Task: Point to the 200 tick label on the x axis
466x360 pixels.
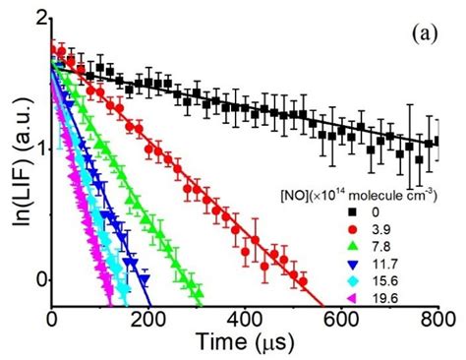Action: coord(148,319)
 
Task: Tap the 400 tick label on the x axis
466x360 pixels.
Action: coord(245,319)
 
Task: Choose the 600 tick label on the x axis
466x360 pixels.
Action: coord(341,319)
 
